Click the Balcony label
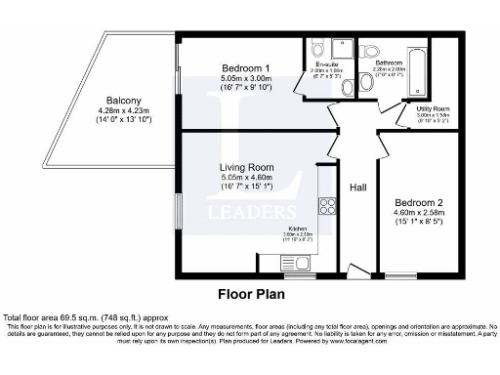pos(119,101)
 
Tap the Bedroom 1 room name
pos(246,67)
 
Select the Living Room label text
pos(246,167)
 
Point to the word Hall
pos(357,186)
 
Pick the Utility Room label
pos(432,108)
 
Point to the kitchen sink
pos(294,262)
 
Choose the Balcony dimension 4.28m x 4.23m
pos(119,112)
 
